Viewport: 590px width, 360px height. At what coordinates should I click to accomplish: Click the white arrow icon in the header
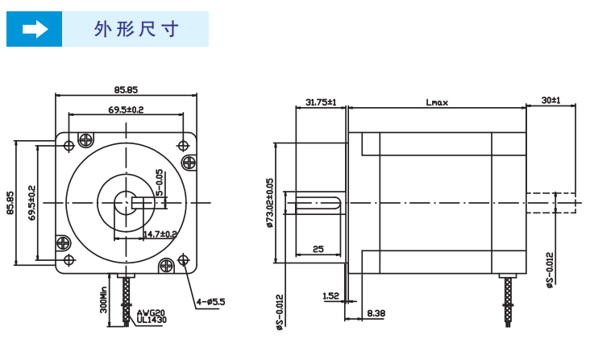(x=35, y=30)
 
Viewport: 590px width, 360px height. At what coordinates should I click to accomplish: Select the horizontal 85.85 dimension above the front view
(x=126, y=89)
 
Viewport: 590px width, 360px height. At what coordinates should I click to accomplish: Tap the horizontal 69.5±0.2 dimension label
(x=126, y=110)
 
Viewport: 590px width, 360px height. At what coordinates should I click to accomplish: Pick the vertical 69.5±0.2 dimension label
(x=31, y=203)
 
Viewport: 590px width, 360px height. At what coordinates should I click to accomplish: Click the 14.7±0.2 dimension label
(x=160, y=234)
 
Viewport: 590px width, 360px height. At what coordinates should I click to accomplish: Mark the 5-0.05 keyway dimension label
(x=160, y=183)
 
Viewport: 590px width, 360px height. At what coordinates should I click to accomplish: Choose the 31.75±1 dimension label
(x=321, y=102)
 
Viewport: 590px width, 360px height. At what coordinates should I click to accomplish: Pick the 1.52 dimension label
(x=330, y=296)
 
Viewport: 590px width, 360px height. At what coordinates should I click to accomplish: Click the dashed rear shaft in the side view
(x=552, y=202)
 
